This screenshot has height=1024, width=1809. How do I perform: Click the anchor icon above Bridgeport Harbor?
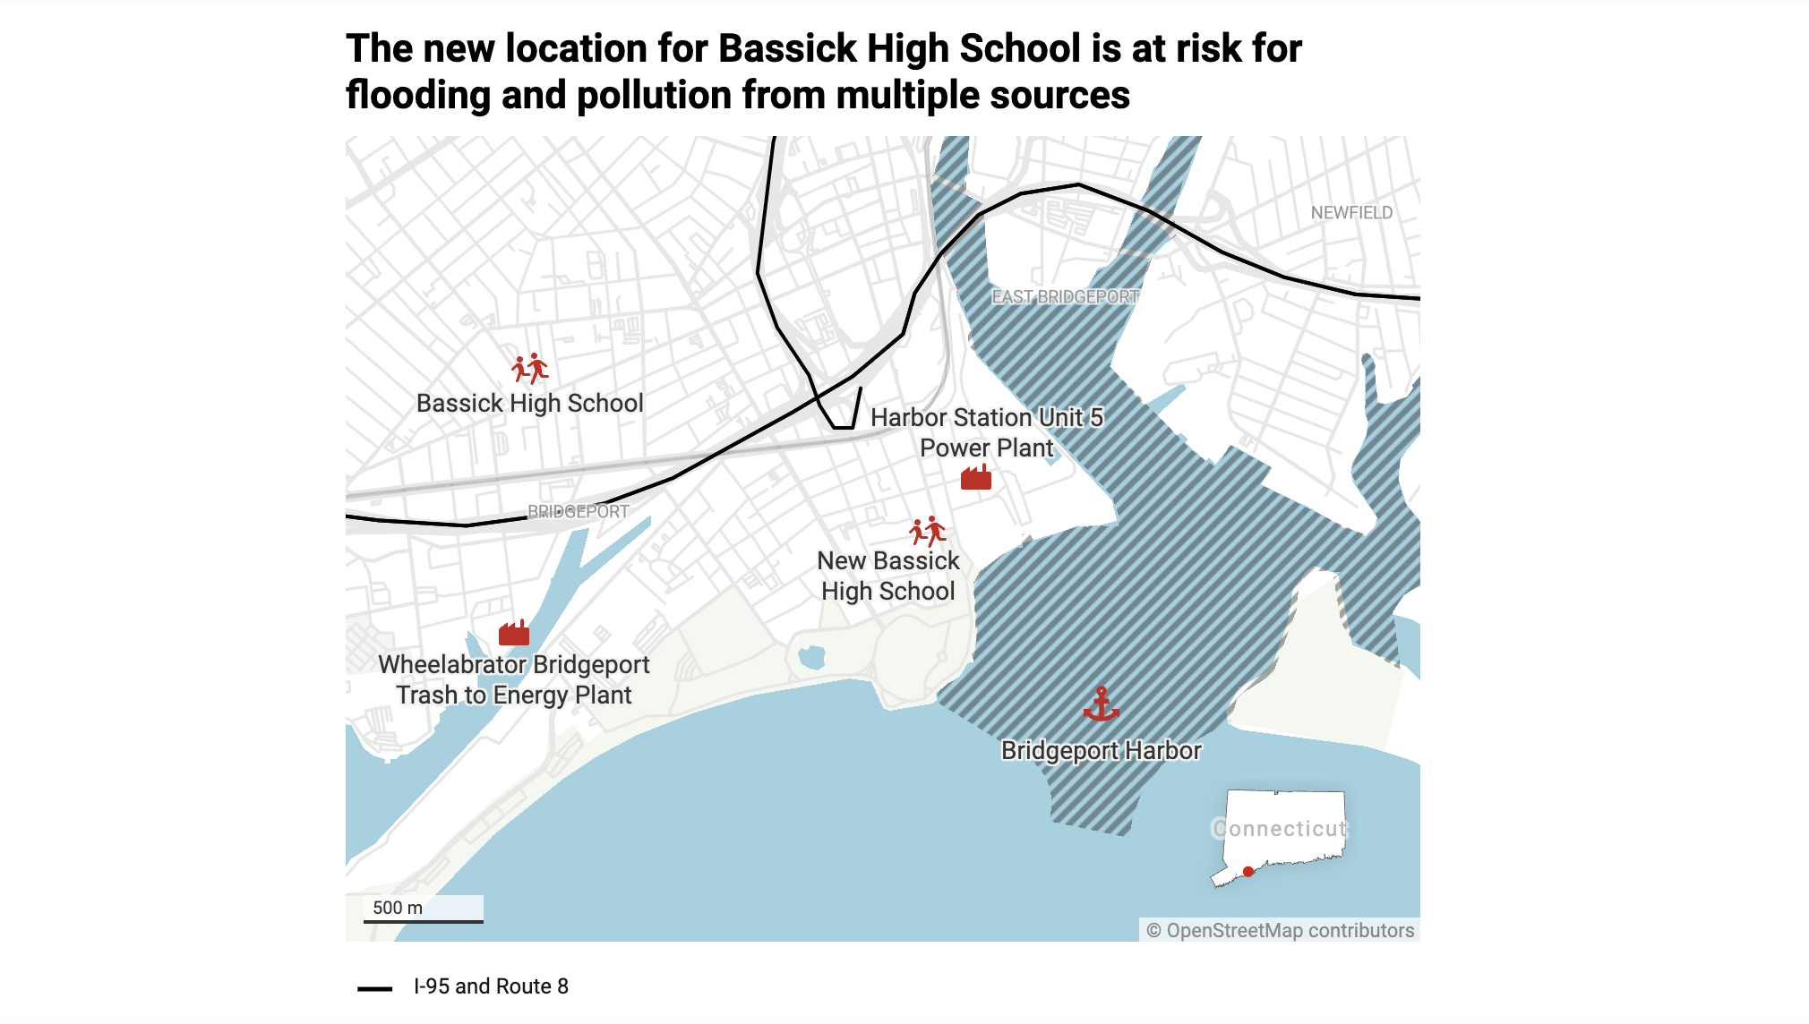(1101, 704)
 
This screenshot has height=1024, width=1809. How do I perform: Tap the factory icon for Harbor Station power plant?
(976, 478)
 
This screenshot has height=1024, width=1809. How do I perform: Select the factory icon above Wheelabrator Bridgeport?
(514, 633)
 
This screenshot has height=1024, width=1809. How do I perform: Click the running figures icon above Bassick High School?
(530, 369)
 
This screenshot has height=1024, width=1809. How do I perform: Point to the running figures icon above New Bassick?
(928, 532)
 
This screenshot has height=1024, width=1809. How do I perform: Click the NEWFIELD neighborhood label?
(1351, 213)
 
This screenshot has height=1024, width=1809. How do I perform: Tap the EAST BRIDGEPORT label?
(1065, 297)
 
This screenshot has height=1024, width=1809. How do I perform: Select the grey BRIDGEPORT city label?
(578, 512)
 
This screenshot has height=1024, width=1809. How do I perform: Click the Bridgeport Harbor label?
(1101, 750)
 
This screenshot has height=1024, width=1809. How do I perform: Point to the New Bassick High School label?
(888, 576)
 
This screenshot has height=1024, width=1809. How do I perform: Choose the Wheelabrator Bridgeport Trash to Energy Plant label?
(514, 679)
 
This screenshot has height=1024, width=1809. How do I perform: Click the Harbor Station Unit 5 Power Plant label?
(987, 432)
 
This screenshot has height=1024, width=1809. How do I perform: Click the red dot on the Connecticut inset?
(1248, 872)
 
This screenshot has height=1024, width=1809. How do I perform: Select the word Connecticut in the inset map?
(1280, 829)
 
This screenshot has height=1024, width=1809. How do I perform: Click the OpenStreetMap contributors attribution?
(1281, 931)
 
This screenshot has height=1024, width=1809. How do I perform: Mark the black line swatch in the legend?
(374, 988)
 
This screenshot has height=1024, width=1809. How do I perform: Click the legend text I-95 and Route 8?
(491, 986)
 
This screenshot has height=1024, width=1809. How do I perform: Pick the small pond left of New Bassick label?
(811, 658)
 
